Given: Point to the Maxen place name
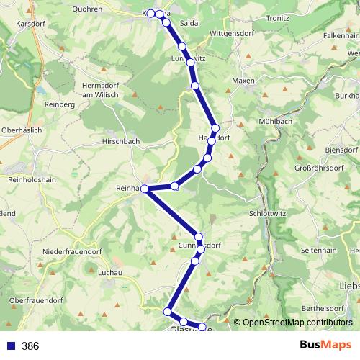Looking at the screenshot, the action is tap(243, 81).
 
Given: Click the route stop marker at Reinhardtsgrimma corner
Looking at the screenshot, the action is tap(145, 189).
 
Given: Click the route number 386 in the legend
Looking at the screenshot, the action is tap(30, 346).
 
